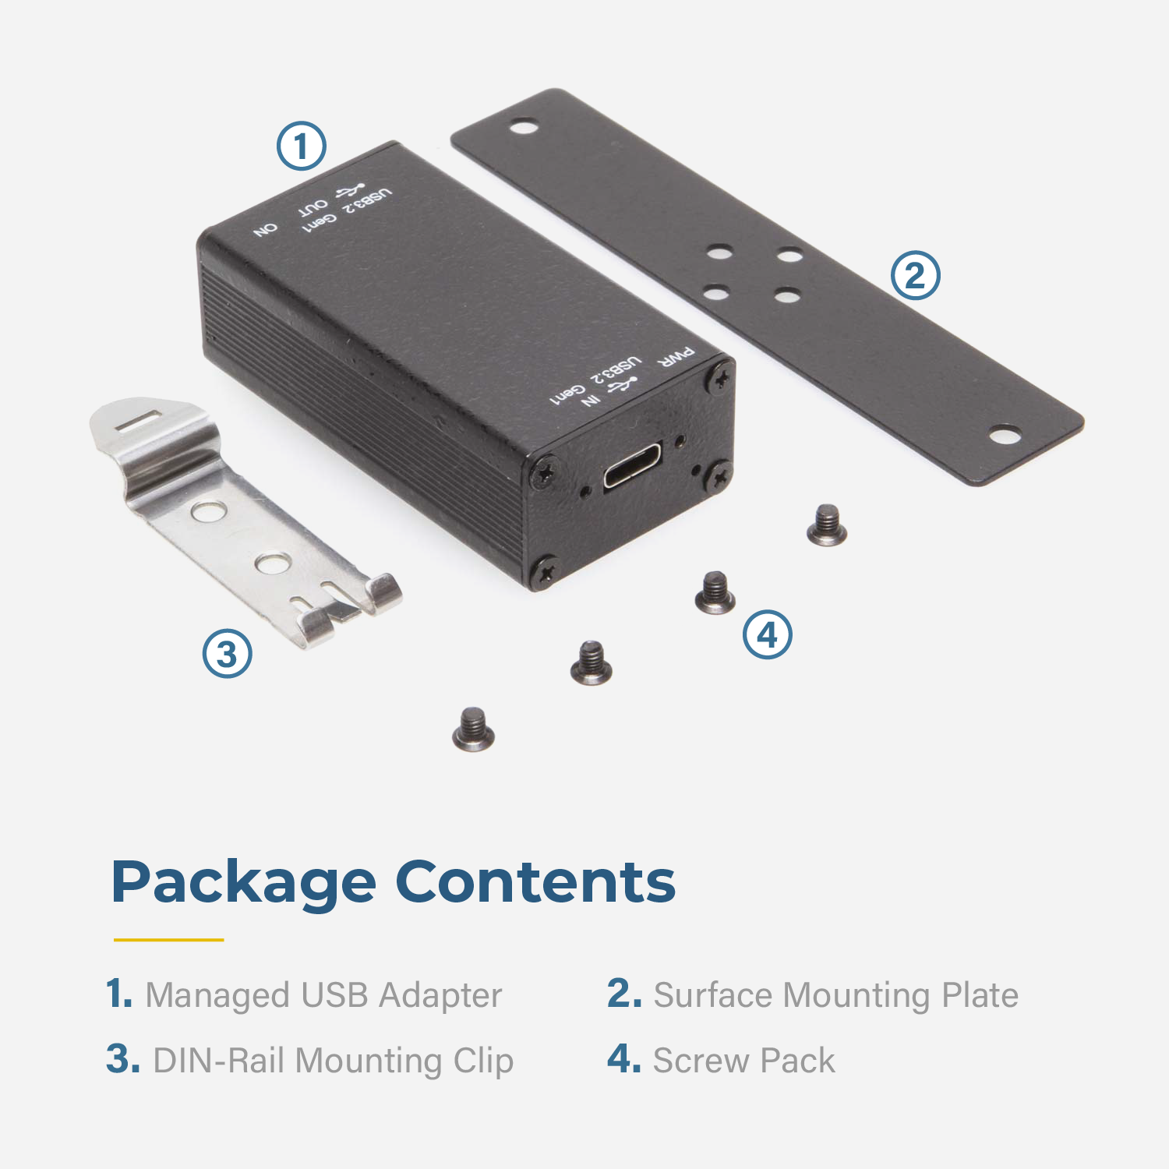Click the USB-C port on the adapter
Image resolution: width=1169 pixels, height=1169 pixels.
click(x=633, y=465)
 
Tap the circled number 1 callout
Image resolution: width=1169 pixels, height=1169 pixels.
click(x=302, y=147)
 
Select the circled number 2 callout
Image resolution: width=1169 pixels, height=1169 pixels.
click(x=916, y=276)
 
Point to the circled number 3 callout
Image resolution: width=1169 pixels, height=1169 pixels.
click(x=228, y=653)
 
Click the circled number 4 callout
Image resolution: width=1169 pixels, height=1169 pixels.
click(x=768, y=634)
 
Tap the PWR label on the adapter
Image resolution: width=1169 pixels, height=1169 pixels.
click(x=676, y=358)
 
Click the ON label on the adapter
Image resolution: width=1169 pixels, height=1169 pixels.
click(x=266, y=230)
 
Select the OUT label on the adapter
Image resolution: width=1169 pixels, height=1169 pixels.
click(x=313, y=207)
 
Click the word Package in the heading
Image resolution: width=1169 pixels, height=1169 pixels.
click(x=244, y=884)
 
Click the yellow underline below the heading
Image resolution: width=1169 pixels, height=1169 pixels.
click(x=168, y=940)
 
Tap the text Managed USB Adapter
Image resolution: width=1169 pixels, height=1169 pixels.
click(x=323, y=995)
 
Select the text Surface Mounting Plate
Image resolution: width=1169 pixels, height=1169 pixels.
click(x=835, y=995)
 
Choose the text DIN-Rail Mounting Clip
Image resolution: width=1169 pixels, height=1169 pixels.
click(x=334, y=1061)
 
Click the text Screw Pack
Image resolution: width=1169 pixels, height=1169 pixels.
click(x=743, y=1061)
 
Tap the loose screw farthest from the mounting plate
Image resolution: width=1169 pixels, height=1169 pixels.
click(x=473, y=729)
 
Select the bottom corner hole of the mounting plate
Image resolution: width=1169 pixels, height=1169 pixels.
click(x=1005, y=434)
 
